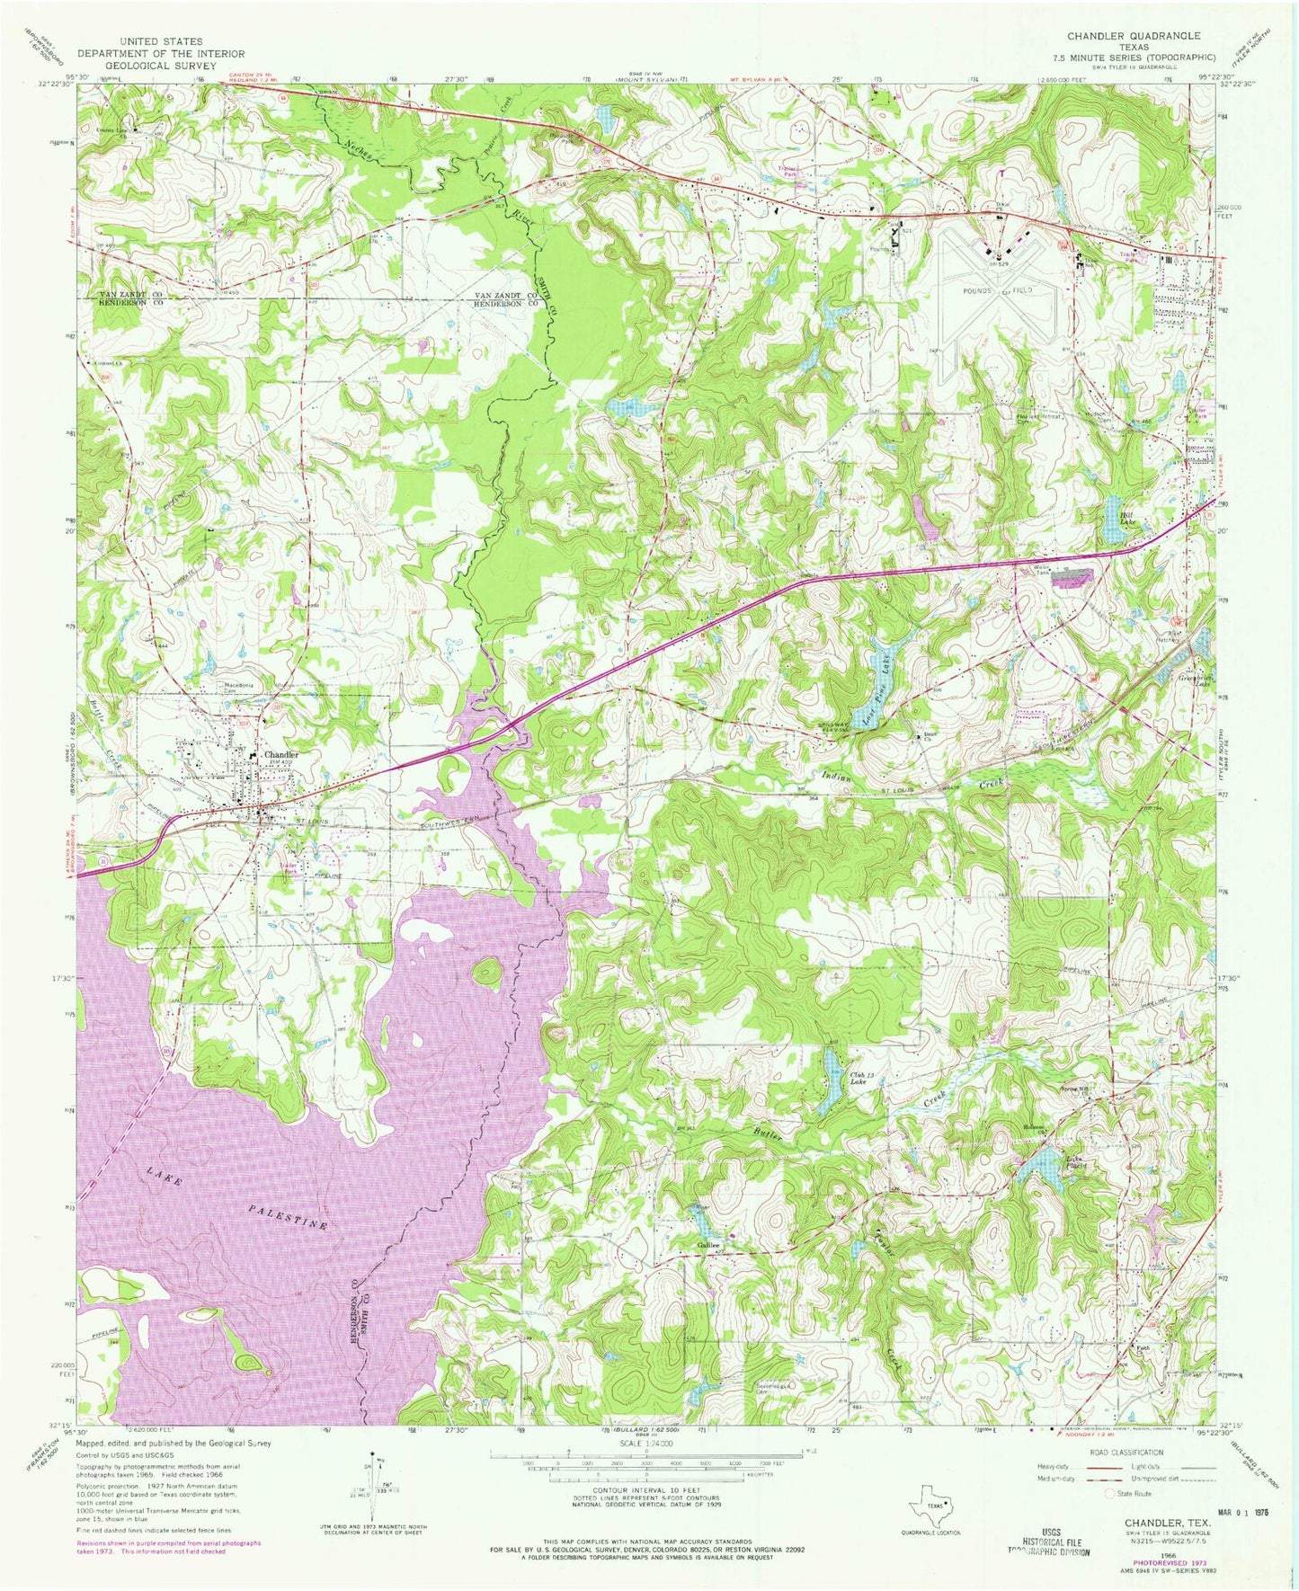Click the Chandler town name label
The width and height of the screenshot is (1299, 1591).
pos(280,754)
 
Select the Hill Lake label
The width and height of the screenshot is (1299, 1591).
pos(1126,520)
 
